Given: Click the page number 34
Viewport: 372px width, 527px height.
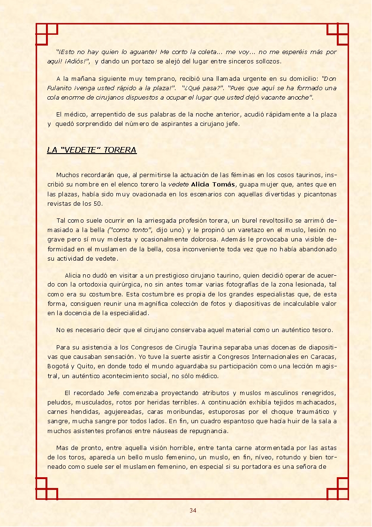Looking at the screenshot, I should coord(193,511).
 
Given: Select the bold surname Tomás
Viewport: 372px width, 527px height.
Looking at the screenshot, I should coord(224,184).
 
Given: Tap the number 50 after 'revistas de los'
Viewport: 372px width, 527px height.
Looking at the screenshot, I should coord(98,203).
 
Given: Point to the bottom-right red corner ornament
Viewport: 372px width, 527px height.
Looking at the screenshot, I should coord(338,488).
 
